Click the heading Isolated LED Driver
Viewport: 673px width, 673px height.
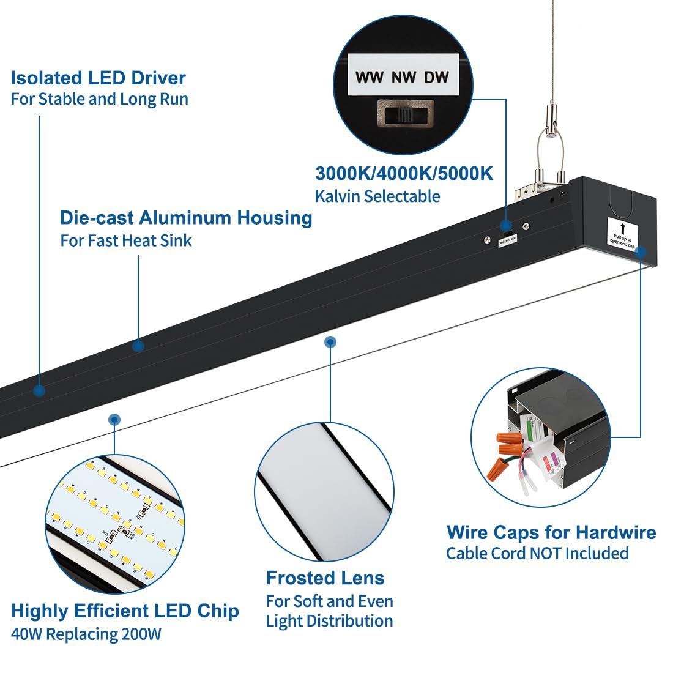tap(98, 78)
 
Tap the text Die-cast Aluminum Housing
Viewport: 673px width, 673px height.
tap(186, 218)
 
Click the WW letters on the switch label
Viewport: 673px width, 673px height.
tap(370, 78)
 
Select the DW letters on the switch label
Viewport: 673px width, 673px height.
tap(437, 78)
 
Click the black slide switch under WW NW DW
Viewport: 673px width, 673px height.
tap(403, 114)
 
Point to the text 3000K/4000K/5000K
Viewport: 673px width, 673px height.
tap(404, 174)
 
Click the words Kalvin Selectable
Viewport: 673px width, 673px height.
tap(377, 196)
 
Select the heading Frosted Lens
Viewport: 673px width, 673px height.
tap(325, 578)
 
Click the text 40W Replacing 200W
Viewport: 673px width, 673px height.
tap(86, 634)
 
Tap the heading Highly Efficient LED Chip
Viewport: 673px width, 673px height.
tap(125, 611)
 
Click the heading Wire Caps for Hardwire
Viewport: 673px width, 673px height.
tap(551, 532)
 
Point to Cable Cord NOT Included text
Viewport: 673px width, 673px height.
tap(537, 554)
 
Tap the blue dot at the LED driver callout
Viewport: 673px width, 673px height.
tap(39, 391)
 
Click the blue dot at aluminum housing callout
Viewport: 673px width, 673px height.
tap(138, 346)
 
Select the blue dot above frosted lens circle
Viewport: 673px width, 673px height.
tap(330, 341)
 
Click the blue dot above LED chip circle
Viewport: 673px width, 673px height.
tap(114, 420)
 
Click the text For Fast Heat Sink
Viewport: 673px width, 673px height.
tap(125, 240)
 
